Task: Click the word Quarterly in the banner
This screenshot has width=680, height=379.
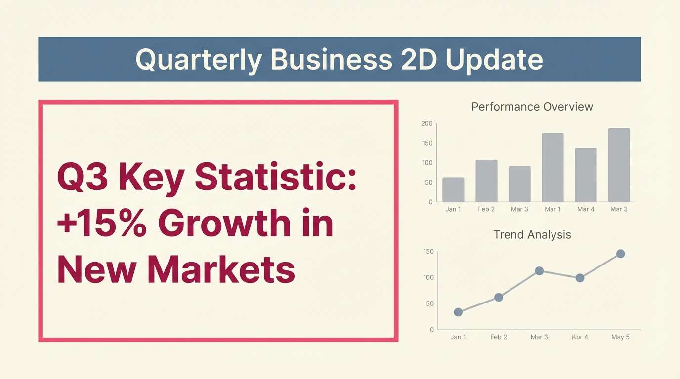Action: pos(199,60)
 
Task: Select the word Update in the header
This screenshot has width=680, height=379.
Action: pos(494,60)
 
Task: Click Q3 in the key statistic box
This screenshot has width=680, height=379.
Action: pos(82,177)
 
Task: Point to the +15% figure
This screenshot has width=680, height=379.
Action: pos(101,223)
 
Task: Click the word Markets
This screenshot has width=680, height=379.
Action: pos(221,268)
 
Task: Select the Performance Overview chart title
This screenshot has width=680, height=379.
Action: pos(532,107)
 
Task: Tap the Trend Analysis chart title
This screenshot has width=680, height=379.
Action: pos(532,235)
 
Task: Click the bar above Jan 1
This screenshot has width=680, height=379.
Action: pos(453,189)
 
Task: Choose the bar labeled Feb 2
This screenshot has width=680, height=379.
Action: pos(486,181)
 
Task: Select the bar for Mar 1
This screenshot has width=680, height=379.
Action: pos(552,167)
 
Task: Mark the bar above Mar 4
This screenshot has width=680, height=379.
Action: pos(586,175)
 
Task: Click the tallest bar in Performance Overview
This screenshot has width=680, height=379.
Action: pos(619,165)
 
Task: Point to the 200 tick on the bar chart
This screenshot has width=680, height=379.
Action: pos(427,123)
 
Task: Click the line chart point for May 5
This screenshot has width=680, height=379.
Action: pos(621,254)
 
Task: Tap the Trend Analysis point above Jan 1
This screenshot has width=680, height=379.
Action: pos(458,312)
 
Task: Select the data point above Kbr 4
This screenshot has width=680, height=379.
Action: pos(580,278)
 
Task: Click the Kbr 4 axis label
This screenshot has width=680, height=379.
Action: pos(580,337)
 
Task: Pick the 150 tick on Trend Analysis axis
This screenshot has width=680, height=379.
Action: pos(428,251)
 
